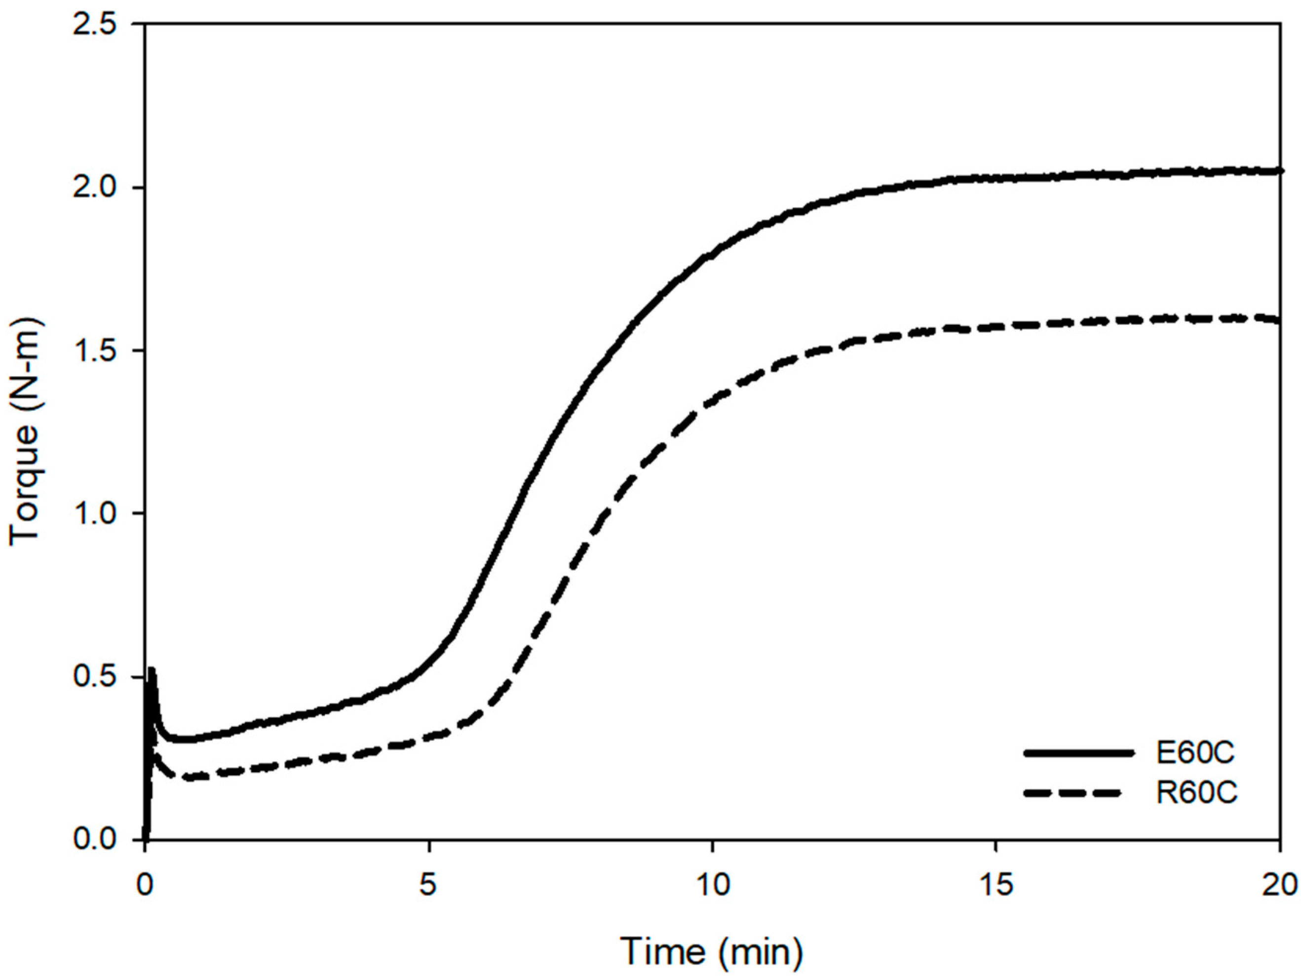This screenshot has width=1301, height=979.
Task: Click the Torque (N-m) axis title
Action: pos(25,432)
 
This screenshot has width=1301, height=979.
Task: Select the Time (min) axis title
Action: pos(712,951)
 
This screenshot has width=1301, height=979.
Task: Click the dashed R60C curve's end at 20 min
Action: pos(1277,320)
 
